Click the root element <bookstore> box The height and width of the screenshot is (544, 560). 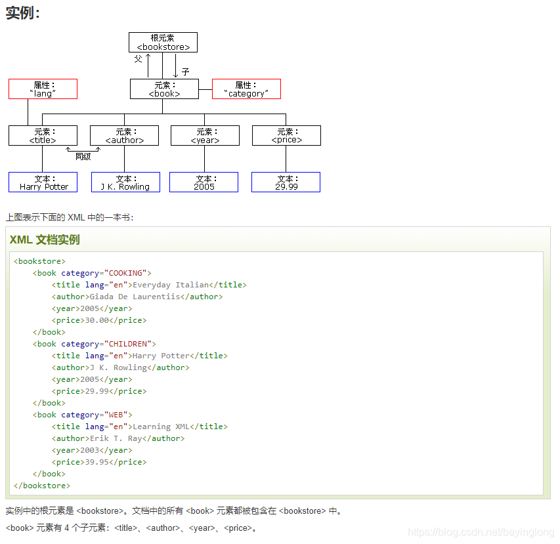[163, 43]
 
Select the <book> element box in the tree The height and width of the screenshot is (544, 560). [164, 89]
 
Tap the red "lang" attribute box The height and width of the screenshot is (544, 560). [43, 89]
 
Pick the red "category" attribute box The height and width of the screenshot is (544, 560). [246, 89]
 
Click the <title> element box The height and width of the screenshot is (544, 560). [43, 136]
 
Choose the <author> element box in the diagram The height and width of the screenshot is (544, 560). [124, 136]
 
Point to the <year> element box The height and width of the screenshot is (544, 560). [205, 136]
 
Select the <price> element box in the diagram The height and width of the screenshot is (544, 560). [286, 136]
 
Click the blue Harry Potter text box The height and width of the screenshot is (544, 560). [43, 182]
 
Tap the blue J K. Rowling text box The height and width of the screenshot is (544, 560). [125, 182]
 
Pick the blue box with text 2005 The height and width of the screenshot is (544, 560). [204, 182]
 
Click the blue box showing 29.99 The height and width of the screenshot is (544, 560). [286, 182]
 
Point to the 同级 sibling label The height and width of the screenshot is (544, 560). [83, 157]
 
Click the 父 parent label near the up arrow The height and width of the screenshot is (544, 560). [138, 59]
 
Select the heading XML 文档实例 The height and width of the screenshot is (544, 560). [45, 240]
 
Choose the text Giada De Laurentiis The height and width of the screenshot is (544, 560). [135, 297]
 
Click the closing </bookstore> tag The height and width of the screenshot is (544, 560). [42, 486]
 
